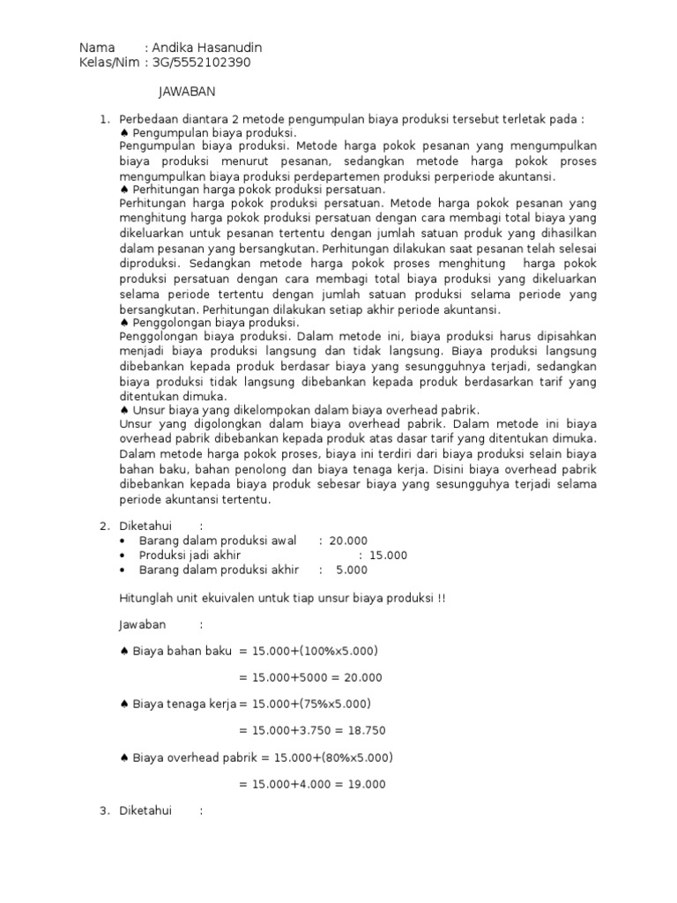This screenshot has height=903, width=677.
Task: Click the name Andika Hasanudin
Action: pos(207,48)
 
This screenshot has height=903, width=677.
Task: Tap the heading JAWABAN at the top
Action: pos(187,92)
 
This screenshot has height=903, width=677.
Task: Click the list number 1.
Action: pos(103,118)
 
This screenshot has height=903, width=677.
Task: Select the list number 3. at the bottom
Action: pos(103,810)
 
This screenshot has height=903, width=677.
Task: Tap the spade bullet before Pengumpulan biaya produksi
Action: pos(124,132)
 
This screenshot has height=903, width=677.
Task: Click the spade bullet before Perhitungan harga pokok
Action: pos(124,190)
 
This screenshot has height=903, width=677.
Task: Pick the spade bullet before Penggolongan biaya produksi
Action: pos(124,324)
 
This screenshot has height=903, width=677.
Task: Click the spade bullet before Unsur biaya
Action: pos(124,410)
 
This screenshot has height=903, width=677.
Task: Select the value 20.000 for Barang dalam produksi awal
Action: pos(348,541)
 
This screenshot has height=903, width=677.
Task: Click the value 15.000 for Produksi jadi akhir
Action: pos(389,556)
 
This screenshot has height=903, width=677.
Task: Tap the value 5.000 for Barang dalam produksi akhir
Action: pos(352,570)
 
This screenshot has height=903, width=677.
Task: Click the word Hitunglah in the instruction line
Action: pos(145,598)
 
